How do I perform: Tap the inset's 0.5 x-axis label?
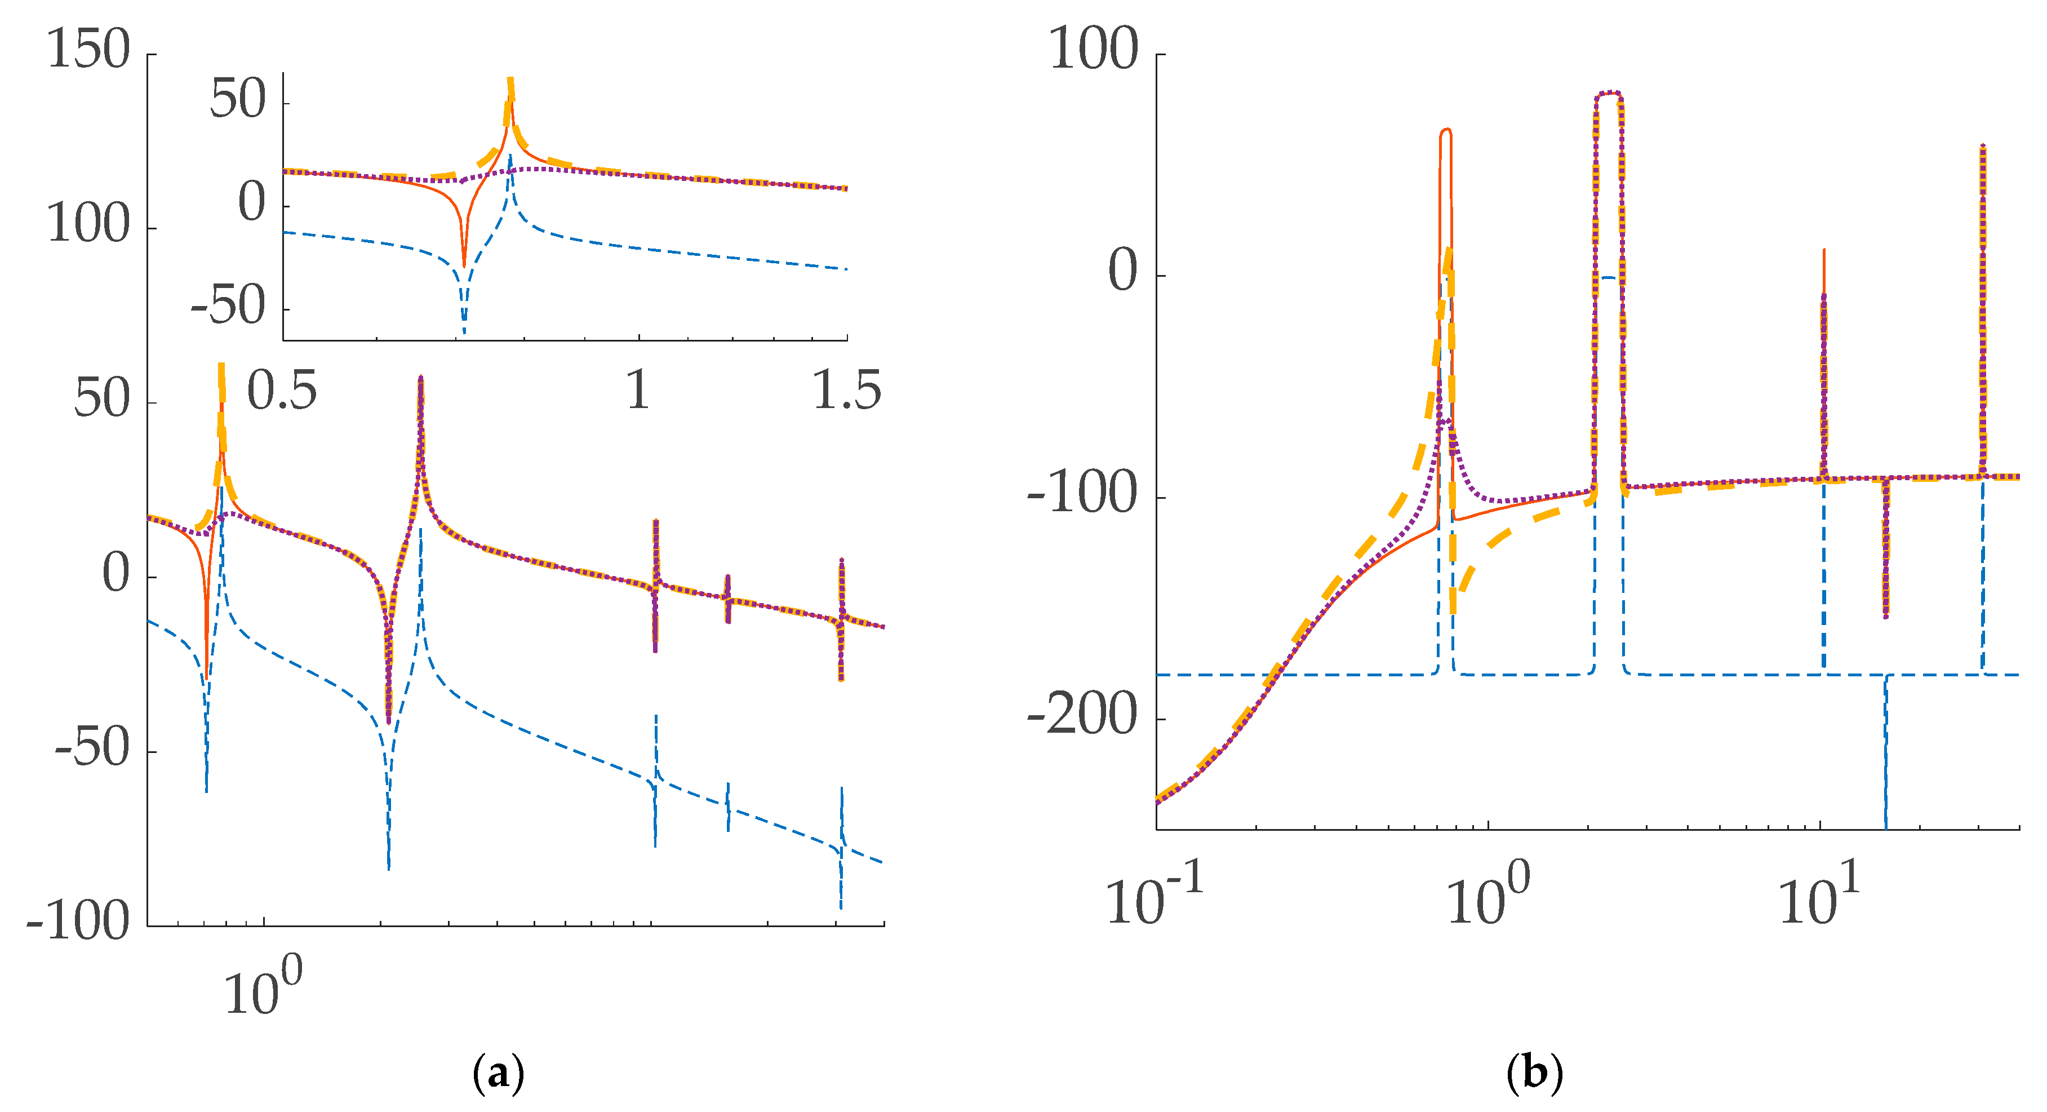(282, 391)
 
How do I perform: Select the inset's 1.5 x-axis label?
(847, 391)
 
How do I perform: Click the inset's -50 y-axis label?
(228, 306)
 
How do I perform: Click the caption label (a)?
(498, 1074)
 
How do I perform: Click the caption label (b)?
(1534, 1074)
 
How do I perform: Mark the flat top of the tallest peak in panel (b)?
(1608, 93)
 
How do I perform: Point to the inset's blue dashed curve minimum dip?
(464, 330)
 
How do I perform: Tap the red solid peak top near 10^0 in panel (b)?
(1445, 130)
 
